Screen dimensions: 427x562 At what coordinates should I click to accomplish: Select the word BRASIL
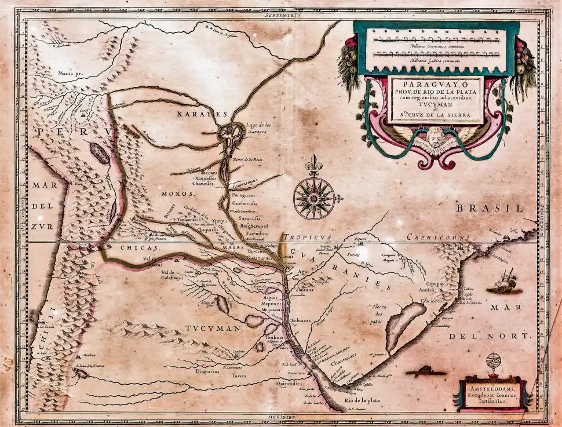[488, 208]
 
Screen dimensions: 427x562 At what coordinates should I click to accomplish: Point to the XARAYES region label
[202, 115]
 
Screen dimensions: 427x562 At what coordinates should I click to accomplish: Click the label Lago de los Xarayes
[256, 128]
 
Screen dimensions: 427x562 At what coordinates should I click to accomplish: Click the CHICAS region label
[136, 247]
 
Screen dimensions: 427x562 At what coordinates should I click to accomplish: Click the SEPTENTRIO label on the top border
[282, 16]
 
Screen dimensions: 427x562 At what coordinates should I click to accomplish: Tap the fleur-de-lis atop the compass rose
[313, 163]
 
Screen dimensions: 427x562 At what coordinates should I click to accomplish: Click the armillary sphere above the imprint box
[494, 363]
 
